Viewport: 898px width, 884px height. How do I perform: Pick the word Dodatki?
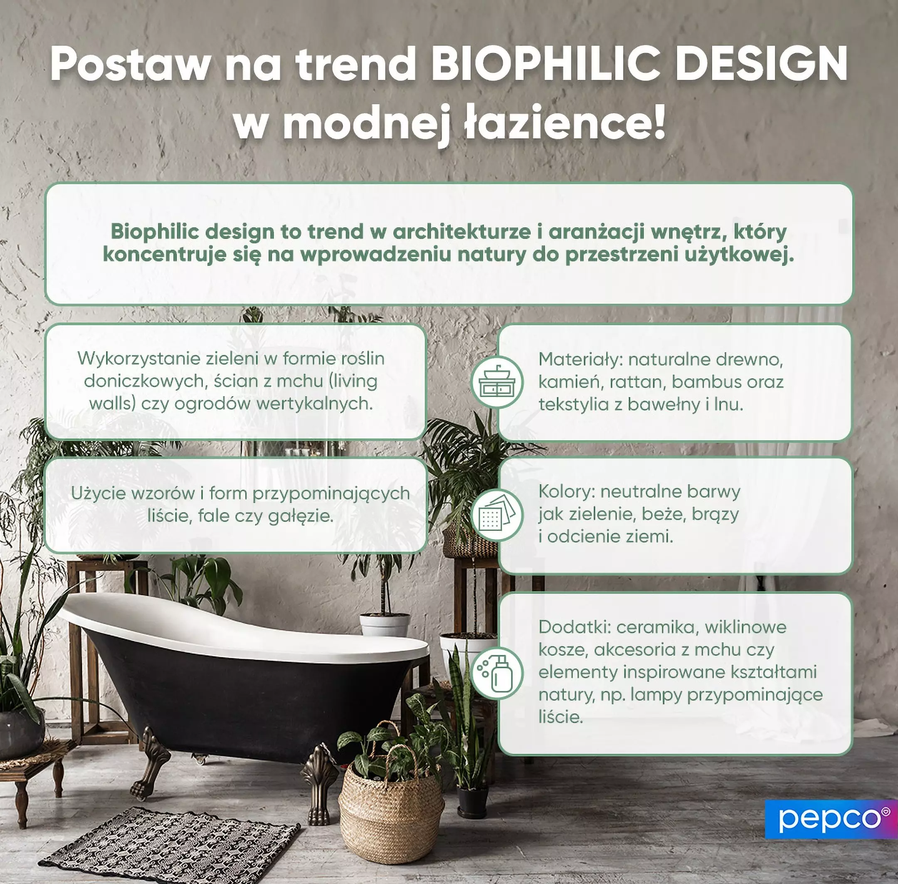click(574, 627)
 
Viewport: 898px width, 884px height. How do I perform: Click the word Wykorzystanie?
click(138, 359)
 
